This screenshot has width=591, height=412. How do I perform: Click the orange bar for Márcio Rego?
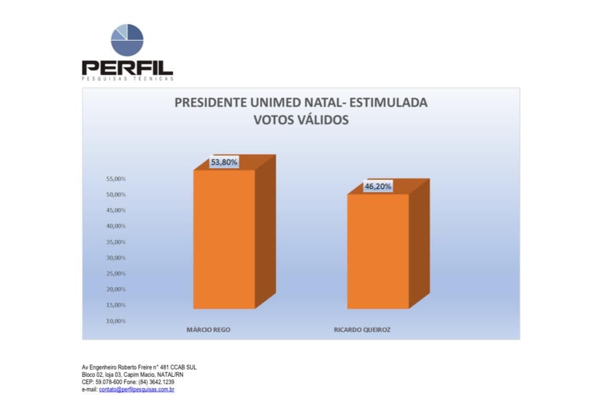pyautogui.click(x=224, y=239)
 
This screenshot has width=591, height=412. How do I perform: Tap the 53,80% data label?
pyautogui.click(x=224, y=162)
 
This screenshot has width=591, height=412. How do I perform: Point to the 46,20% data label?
pyautogui.click(x=378, y=186)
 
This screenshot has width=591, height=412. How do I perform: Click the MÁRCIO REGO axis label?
pyautogui.click(x=209, y=330)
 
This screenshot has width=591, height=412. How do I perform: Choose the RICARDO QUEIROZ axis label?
pyautogui.click(x=362, y=330)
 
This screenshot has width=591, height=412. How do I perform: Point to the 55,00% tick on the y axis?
pyautogui.click(x=116, y=179)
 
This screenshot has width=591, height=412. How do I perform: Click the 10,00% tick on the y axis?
pyautogui.click(x=116, y=321)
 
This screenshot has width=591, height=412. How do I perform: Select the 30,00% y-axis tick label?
pyautogui.click(x=116, y=258)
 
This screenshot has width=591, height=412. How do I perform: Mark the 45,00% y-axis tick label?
pyautogui.click(x=116, y=210)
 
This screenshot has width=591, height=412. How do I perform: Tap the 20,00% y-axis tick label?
pyautogui.click(x=116, y=289)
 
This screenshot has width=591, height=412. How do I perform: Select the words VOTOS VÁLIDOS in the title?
pyautogui.click(x=301, y=120)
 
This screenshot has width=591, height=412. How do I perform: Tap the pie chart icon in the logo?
pyautogui.click(x=127, y=40)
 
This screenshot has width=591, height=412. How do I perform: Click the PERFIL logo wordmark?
pyautogui.click(x=127, y=67)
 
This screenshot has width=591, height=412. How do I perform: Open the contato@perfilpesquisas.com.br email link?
pyautogui.click(x=137, y=390)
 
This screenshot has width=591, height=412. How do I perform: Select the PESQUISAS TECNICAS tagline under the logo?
pyautogui.click(x=127, y=79)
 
